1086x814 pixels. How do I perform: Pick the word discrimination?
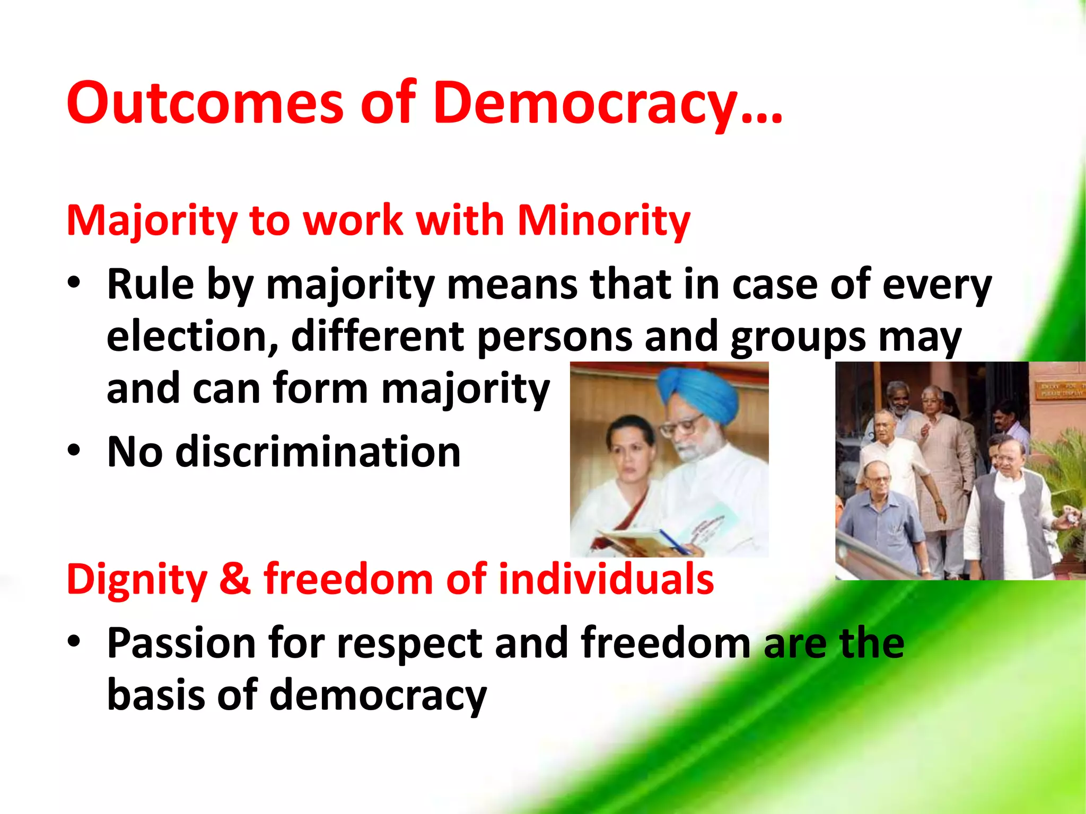coord(318,452)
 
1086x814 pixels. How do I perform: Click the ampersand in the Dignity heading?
coord(234,579)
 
